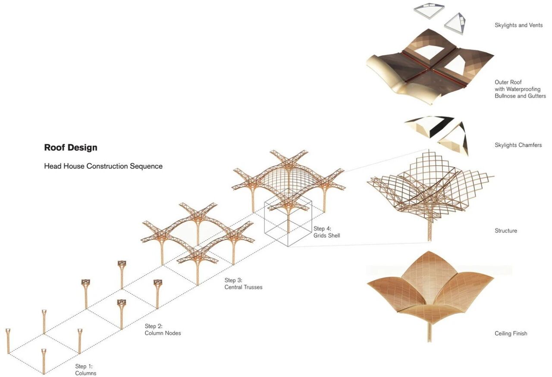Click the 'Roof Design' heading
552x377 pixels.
(x=71, y=148)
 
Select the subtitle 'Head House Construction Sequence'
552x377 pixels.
(x=103, y=166)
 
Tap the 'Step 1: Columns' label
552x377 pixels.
(x=85, y=370)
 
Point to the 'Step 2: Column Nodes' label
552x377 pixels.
(x=163, y=329)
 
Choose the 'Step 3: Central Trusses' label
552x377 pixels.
(x=243, y=284)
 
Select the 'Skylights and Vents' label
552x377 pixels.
(x=518, y=25)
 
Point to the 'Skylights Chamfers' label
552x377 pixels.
(x=518, y=145)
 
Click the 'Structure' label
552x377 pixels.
(x=505, y=231)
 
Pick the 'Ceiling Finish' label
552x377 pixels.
(x=511, y=333)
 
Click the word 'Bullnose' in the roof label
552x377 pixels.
(x=506, y=96)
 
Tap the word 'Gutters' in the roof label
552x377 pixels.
(x=536, y=96)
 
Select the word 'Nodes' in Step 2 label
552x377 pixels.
(x=172, y=333)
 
